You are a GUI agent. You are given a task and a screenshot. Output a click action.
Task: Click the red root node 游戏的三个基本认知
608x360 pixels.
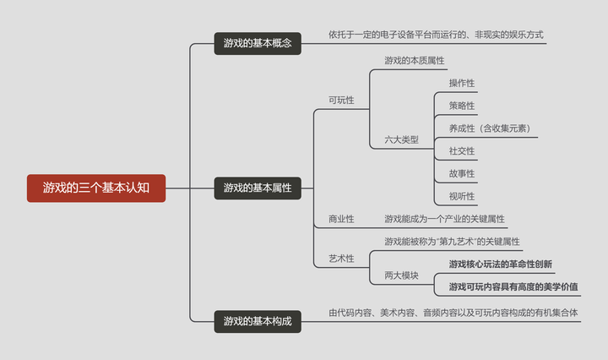(96, 188)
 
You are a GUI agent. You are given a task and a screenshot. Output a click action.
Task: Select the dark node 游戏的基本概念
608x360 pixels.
(258, 43)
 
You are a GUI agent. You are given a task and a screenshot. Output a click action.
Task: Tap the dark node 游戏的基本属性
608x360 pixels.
(258, 188)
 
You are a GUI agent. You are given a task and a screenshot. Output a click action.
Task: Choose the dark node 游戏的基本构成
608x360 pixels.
(258, 321)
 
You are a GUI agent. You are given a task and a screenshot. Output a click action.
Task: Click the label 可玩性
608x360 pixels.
(341, 100)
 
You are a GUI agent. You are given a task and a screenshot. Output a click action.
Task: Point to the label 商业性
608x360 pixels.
(341, 219)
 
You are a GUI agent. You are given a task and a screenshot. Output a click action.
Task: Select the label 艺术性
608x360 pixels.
(341, 258)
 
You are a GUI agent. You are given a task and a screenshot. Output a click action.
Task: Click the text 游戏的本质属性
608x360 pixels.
(414, 61)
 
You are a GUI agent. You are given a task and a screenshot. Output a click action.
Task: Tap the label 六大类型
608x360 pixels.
(401, 139)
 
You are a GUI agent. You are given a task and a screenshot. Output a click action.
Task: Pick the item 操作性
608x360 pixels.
(462, 83)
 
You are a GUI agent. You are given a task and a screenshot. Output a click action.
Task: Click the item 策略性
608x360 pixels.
(462, 106)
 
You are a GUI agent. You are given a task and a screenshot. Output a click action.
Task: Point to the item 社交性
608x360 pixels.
(462, 151)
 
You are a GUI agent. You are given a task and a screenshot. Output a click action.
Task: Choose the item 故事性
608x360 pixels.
(462, 174)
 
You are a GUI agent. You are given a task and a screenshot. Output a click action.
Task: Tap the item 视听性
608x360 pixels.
(462, 197)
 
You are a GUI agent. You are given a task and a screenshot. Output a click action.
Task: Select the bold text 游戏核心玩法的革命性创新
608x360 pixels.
(501, 265)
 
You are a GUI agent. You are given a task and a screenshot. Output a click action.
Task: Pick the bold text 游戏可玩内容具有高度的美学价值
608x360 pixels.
(513, 286)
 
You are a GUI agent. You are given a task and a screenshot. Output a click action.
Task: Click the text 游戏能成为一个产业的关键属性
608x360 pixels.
(444, 219)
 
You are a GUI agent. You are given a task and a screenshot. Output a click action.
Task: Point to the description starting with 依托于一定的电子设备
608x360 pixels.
(436, 35)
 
